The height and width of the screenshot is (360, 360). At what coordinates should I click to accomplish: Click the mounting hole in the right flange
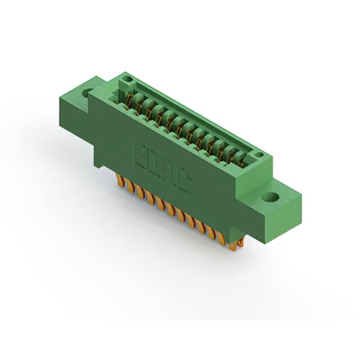(271, 198)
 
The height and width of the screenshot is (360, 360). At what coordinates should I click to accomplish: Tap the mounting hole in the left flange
(88, 92)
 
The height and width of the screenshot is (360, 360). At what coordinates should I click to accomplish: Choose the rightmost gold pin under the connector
(241, 242)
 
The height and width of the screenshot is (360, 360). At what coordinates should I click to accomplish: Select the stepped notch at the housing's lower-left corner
(98, 164)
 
